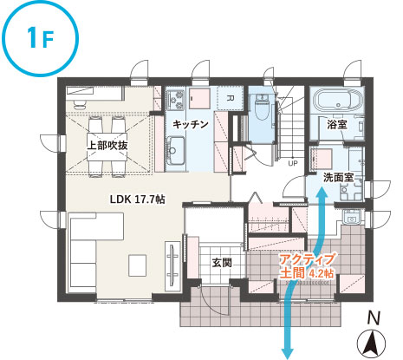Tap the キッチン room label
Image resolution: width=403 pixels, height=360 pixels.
point(191,124)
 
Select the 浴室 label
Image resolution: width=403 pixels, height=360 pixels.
point(337,125)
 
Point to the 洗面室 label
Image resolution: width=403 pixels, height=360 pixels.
point(338,177)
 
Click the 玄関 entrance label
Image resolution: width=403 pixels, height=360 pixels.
point(222,263)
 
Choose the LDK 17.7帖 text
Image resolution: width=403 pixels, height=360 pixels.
point(138,200)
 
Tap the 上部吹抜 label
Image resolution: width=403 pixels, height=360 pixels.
point(107,145)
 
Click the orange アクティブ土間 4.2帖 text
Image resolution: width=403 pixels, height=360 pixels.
point(307,266)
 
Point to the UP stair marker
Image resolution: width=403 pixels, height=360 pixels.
point(293,164)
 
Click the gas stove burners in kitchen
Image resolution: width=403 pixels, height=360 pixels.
point(175,100)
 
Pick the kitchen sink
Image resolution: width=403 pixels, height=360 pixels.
point(175,150)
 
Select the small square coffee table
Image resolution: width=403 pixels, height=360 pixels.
point(138,265)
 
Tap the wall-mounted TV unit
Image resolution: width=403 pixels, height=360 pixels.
point(172,265)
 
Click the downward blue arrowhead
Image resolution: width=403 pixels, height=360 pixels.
point(288,353)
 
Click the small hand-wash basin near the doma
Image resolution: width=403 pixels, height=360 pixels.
point(352,217)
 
